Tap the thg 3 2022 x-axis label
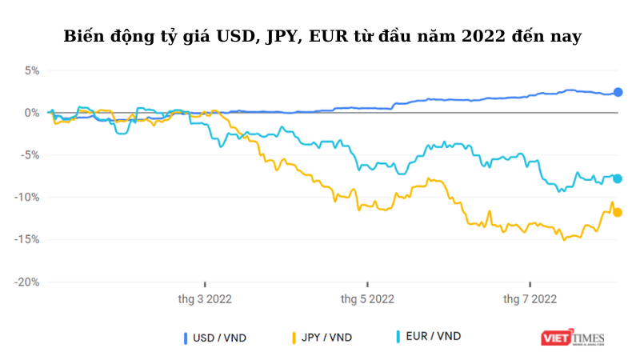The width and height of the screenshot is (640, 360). (205, 299)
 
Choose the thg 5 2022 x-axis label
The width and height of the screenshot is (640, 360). (367, 299)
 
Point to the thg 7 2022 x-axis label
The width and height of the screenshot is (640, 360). (530, 299)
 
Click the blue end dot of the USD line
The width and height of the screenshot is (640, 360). (618, 92)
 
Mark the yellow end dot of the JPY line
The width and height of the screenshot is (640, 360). (618, 212)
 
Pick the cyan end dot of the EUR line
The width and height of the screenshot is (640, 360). (618, 178)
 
